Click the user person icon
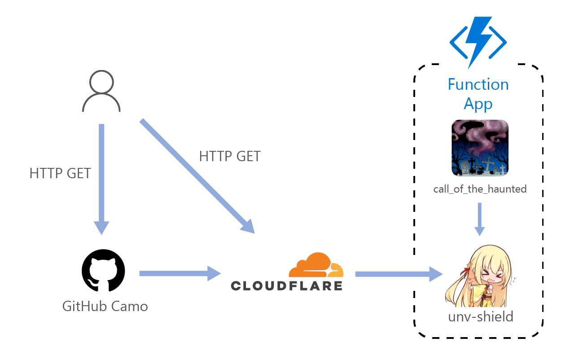pos(101,92)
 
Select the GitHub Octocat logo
pos(103,271)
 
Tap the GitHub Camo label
pos(105,307)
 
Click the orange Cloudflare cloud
pos(316,265)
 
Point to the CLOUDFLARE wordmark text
pos(286,285)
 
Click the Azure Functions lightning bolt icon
pos(478,42)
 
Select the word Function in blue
pos(478,84)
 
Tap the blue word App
pos(478,104)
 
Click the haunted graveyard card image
pos(480,148)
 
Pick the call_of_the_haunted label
pos(480,189)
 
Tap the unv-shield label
pos(480,316)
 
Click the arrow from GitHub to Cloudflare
pos(180,273)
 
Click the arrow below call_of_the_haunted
pos(479,219)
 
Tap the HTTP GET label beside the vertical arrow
pos(60,173)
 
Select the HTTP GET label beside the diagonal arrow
pos(230,156)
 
